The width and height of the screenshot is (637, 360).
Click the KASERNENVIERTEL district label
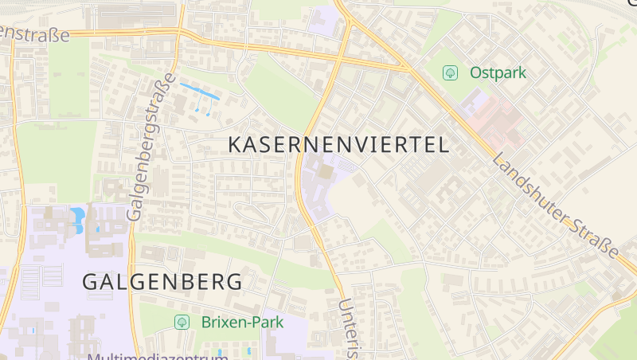click(338, 144)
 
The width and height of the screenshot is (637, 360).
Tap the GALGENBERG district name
click(162, 282)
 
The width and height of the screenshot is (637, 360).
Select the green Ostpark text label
click(498, 72)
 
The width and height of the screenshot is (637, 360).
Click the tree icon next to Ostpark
click(450, 73)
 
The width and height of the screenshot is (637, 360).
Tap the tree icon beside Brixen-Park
click(182, 322)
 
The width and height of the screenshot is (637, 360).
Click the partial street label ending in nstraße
click(38, 33)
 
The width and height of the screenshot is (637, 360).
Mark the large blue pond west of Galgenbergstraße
click(77, 216)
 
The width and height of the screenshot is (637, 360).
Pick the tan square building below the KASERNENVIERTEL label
click(327, 171)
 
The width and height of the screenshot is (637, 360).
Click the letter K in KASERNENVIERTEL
click(236, 144)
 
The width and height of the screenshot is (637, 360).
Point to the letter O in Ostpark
click(476, 72)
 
